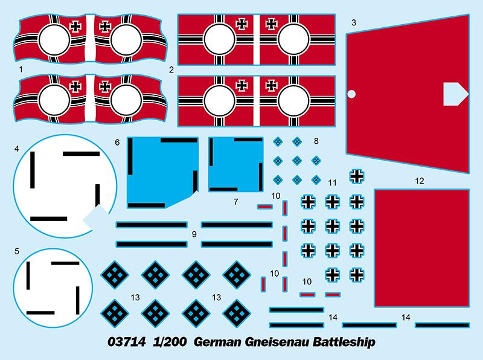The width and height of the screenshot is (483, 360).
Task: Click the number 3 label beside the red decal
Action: click(x=354, y=22)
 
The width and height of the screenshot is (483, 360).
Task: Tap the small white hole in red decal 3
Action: click(x=351, y=94)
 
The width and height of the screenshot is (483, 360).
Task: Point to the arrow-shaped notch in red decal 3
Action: click(x=455, y=94)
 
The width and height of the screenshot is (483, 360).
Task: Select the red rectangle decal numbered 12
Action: click(x=422, y=248)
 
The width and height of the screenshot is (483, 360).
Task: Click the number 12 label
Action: click(x=420, y=181)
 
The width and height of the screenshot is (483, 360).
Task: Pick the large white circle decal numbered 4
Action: click(x=65, y=186)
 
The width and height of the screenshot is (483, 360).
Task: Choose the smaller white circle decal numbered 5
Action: click(x=53, y=288)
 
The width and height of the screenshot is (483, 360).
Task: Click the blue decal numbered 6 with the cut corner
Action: click(x=162, y=173)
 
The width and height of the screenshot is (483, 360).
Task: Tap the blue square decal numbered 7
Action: click(x=235, y=164)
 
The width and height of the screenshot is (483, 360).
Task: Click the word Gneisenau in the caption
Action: click(x=278, y=342)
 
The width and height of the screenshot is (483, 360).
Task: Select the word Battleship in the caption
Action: click(x=344, y=342)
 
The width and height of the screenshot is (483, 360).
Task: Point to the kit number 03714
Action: click(x=127, y=342)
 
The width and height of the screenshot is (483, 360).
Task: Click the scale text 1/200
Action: click(x=170, y=342)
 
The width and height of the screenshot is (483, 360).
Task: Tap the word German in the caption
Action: click(x=217, y=342)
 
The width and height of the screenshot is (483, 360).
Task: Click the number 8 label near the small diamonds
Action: click(x=316, y=141)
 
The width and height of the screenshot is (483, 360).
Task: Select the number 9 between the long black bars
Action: click(x=194, y=234)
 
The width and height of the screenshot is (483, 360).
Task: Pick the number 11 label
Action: click(x=332, y=183)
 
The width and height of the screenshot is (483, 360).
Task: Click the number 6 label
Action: click(x=117, y=142)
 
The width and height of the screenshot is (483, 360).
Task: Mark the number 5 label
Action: click(x=17, y=251)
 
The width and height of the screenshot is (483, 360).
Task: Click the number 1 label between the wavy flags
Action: click(x=21, y=69)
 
